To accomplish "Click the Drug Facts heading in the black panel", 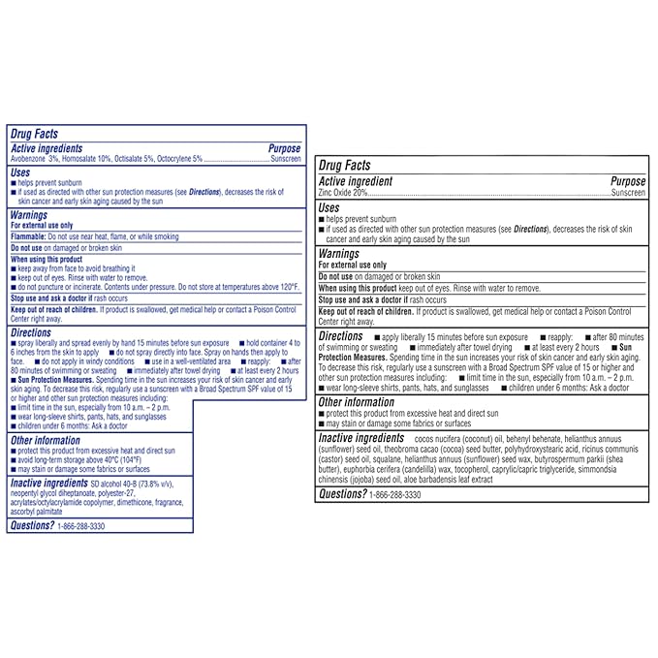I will point(344,167).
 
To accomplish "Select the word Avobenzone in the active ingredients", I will point(30,158).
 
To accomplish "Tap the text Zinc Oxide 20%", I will point(341,193).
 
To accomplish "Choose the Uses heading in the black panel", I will point(329,207).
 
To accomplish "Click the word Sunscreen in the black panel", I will point(627,193).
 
